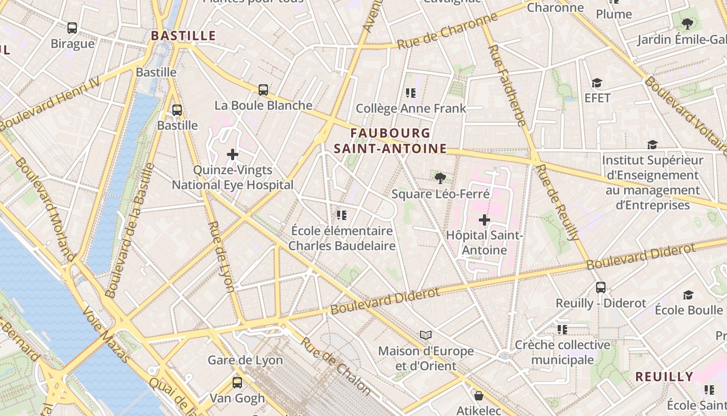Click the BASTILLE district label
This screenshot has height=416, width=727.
(x=183, y=36)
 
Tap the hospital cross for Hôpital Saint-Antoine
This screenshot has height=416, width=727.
(x=484, y=220)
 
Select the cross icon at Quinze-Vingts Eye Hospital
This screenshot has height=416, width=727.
(x=233, y=154)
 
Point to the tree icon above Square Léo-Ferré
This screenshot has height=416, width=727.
(x=440, y=178)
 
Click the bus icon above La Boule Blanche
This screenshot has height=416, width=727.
(x=263, y=89)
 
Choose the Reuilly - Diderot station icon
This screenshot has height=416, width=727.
(x=601, y=287)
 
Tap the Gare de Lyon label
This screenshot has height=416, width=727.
(x=245, y=360)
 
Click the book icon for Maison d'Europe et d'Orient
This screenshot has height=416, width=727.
(x=426, y=335)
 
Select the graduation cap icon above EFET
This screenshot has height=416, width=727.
(x=597, y=83)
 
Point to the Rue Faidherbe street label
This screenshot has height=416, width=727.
(x=507, y=85)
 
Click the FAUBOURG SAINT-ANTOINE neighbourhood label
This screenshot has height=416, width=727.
(x=391, y=141)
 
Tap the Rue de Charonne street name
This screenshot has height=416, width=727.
(x=447, y=32)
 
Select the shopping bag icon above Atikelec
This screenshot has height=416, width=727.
(x=479, y=396)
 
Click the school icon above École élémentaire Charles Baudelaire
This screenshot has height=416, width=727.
(x=342, y=215)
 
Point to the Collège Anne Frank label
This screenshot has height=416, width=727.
(x=411, y=109)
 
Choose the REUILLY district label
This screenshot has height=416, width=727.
(x=664, y=376)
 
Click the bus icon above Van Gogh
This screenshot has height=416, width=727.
(x=237, y=383)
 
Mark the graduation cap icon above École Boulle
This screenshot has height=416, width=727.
(x=689, y=295)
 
